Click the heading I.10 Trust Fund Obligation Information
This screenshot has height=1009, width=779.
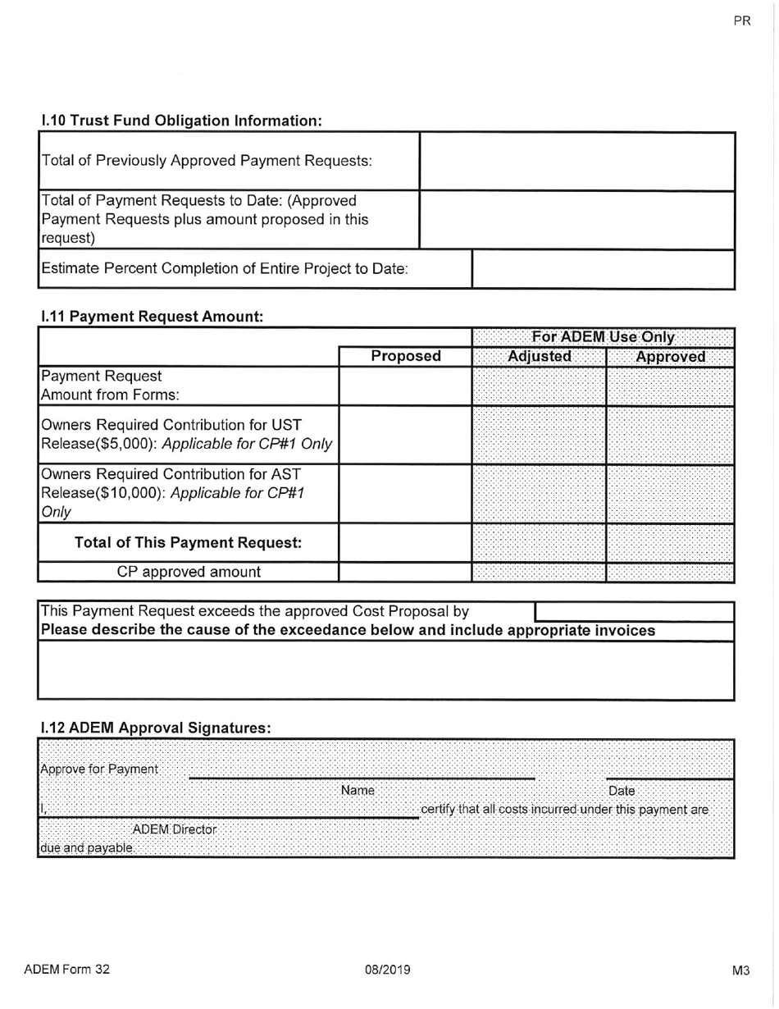[x=181, y=121]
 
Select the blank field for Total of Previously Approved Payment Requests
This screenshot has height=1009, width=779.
[x=576, y=161]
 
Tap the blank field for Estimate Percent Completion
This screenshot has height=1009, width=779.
[x=603, y=269]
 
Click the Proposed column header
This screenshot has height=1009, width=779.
[x=406, y=357]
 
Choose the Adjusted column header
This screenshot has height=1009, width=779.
[x=540, y=357]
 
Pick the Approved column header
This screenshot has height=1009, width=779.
[x=670, y=357]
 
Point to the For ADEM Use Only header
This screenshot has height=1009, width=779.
[x=604, y=336]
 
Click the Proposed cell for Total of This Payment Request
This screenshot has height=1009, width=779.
[x=406, y=542]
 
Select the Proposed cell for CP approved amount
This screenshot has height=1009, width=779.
[x=406, y=572]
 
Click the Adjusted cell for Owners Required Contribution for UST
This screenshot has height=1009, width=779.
[x=540, y=434]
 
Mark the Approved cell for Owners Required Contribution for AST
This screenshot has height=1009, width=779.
[x=670, y=493]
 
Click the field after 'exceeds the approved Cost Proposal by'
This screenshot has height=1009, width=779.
[x=633, y=611]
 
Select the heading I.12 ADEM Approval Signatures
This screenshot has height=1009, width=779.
[x=156, y=728]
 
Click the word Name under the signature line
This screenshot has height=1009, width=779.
[x=358, y=791]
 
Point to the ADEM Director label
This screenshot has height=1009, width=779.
[x=175, y=829]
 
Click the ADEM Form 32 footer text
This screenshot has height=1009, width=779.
[x=66, y=969]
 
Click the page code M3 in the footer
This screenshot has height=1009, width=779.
[x=741, y=970]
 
